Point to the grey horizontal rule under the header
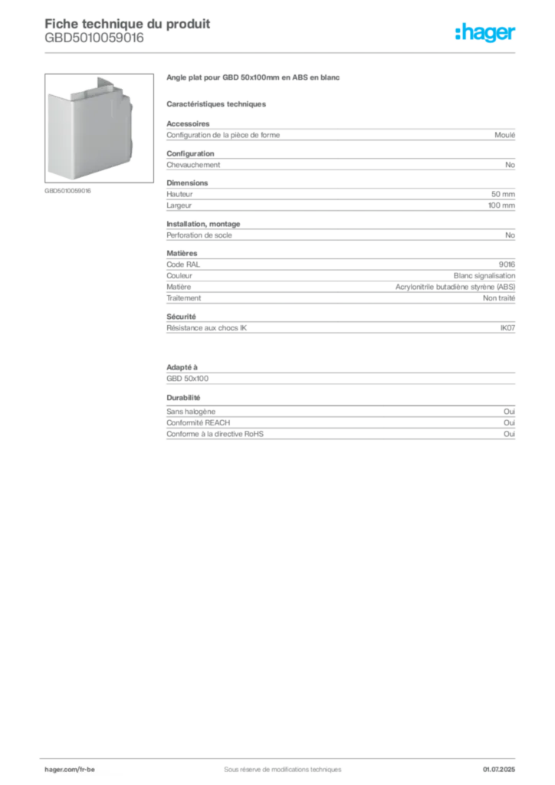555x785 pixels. tap(281, 51)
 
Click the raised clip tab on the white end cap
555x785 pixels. tap(103, 82)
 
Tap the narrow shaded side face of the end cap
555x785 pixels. tap(127, 135)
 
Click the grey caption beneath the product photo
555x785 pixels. tap(67, 190)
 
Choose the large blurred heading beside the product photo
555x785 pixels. tap(254, 79)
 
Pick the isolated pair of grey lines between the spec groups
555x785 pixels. tap(340, 373)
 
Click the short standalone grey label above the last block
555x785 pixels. tap(184, 398)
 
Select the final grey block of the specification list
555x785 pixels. tap(340, 425)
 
